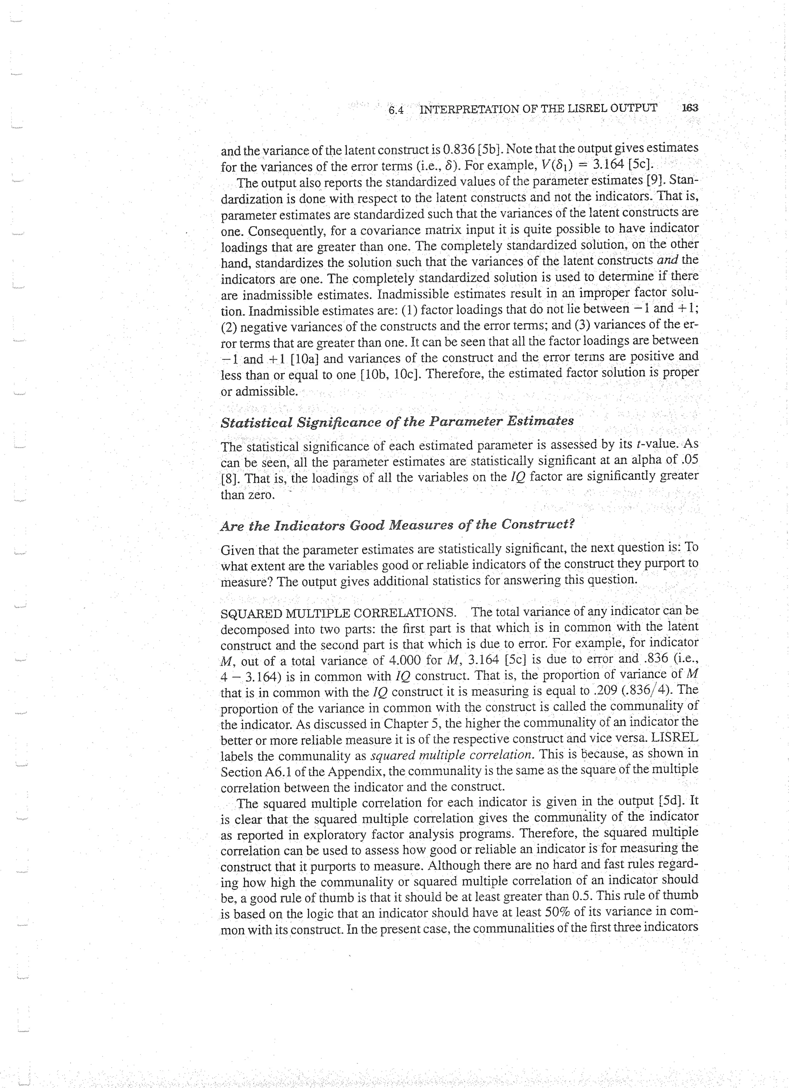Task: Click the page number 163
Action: [x=690, y=108]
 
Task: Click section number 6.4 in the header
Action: [x=396, y=110]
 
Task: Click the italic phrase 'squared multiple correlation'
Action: [x=452, y=755]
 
